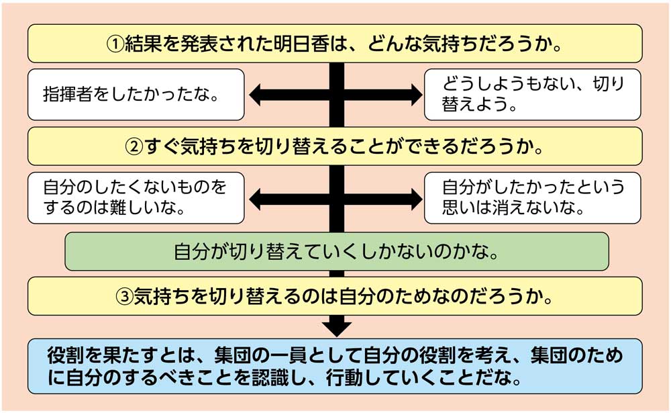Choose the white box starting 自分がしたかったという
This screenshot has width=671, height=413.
532,197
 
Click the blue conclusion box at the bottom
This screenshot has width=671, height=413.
335,365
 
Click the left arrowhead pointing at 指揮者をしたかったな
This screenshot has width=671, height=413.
256,95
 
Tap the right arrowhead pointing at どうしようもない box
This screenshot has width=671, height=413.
416,95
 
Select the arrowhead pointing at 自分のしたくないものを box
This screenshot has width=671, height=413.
256,197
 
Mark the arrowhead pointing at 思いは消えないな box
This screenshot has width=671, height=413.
416,197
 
